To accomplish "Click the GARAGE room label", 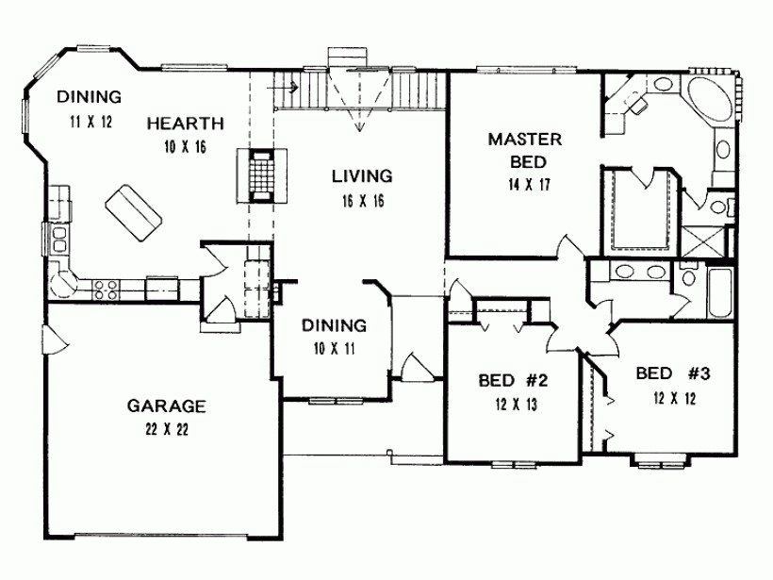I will coord(166,406).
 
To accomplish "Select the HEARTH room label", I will coord(185,123).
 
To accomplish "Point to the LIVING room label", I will coord(361,175).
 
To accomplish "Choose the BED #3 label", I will coord(672,372).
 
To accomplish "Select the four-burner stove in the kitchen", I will coord(103,290).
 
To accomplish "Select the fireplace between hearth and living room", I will coord(257,174).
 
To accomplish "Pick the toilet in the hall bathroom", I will coord(687,276).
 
